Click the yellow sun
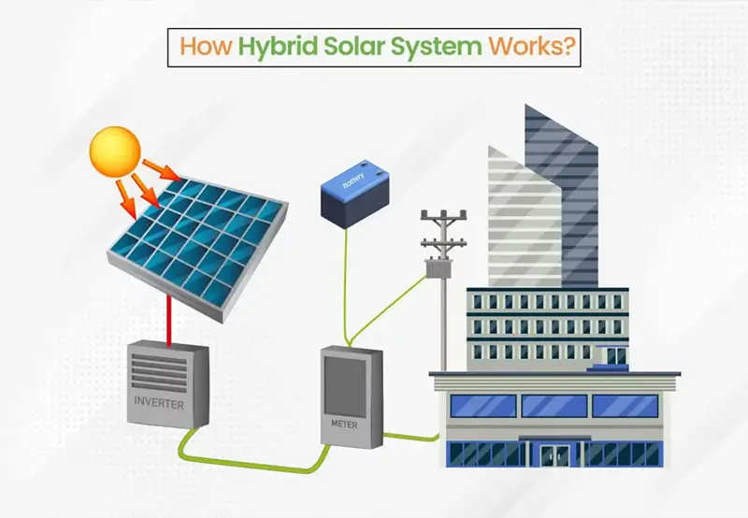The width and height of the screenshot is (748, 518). tap(115, 151)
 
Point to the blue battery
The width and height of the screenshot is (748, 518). tap(354, 194)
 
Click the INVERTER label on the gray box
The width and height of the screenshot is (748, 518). tap(159, 403)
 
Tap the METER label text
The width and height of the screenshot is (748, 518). tap(344, 424)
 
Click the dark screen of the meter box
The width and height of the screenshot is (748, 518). tap(345, 387)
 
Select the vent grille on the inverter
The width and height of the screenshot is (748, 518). tap(159, 371)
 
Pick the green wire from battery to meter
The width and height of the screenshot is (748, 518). tap(346, 286)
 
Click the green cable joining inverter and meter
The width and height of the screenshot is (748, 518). tap(252, 459)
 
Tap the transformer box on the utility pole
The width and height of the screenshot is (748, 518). tap(439, 267)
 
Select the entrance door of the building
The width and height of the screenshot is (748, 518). tap(554, 455)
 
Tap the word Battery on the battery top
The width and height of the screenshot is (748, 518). tap(353, 180)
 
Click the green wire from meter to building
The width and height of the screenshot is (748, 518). tap(411, 437)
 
